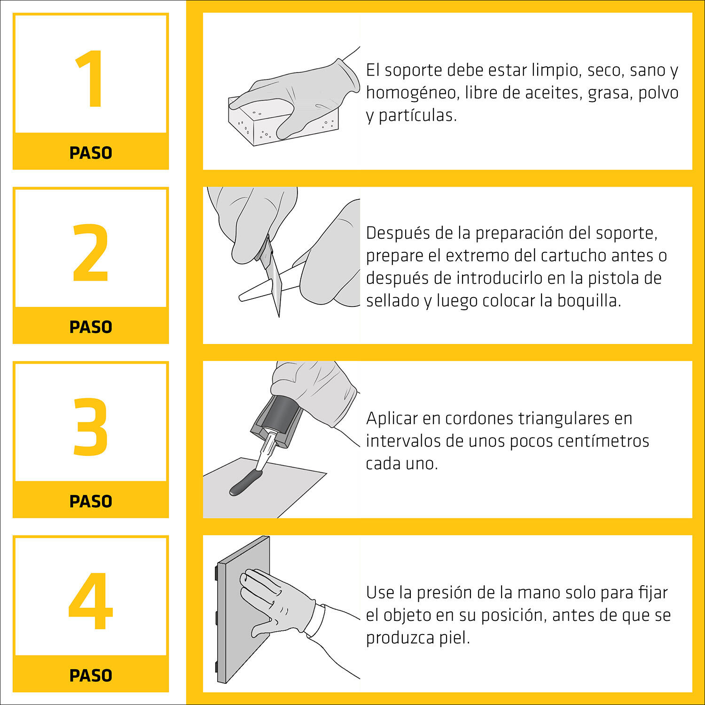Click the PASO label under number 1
point(91,153)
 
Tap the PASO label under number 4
point(91,675)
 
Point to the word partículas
point(417,116)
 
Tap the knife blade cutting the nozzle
point(274,277)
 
